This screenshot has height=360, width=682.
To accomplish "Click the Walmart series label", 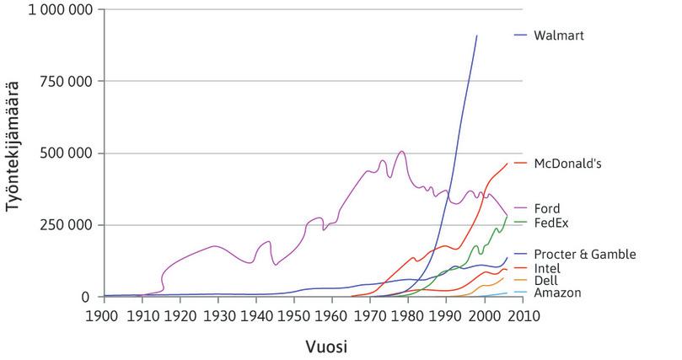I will pyautogui.click(x=559, y=35).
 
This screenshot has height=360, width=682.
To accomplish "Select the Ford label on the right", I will pyautogui.click(x=547, y=208).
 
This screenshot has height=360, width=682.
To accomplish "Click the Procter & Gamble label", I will pyautogui.click(x=584, y=254).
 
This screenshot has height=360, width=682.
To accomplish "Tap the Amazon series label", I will pyautogui.click(x=557, y=293).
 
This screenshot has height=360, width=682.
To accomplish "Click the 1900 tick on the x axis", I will pyautogui.click(x=102, y=315).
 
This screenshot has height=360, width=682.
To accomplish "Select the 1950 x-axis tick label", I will pyautogui.click(x=293, y=315).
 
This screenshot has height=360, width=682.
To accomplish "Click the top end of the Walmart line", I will pyautogui.click(x=476, y=36).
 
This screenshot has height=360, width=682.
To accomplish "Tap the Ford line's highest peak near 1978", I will pyautogui.click(x=402, y=152).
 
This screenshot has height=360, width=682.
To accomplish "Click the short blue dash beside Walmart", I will pyautogui.click(x=521, y=35).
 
